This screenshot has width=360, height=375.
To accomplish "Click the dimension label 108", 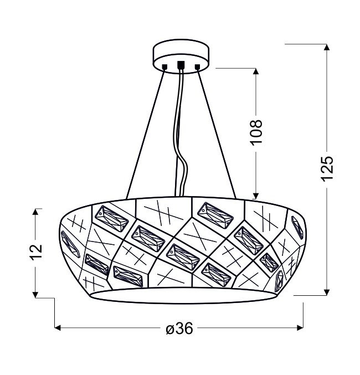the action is pyautogui.click(x=256, y=132).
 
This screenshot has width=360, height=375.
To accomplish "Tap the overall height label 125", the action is pyautogui.click(x=327, y=168).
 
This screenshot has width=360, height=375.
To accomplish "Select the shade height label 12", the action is pyautogui.click(x=36, y=251).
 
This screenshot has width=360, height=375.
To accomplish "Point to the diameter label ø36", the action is pyautogui.click(x=179, y=328).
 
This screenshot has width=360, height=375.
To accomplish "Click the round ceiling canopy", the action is pyautogui.click(x=181, y=56).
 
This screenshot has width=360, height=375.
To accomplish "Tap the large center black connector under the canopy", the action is pyautogui.click(x=181, y=65).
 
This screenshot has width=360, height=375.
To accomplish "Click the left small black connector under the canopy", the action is pyautogui.click(x=164, y=66).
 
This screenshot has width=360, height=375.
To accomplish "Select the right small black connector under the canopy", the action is pyautogui.click(x=197, y=66).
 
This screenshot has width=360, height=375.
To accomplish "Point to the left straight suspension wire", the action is pyautogui.click(x=146, y=134).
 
